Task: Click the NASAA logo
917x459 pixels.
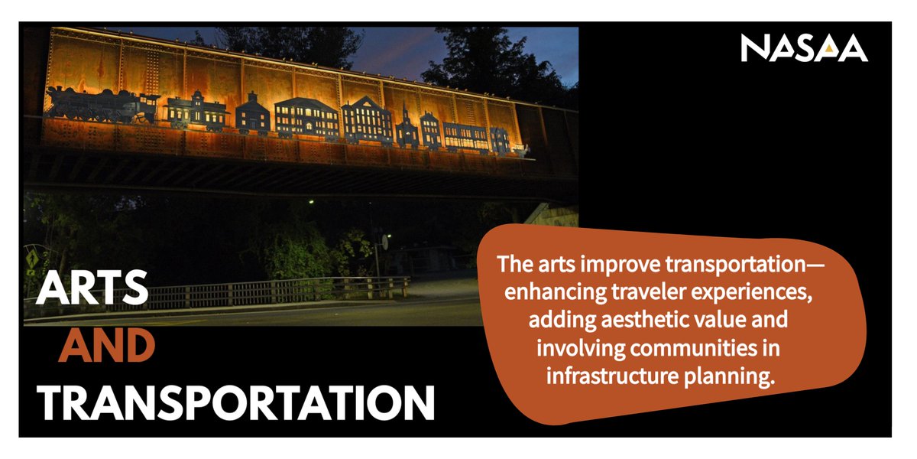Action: point(804,48)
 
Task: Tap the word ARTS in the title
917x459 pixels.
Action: point(92,288)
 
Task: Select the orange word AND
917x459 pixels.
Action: point(107,346)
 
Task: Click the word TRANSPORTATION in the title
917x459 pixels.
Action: point(235,403)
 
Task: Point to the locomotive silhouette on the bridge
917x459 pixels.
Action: point(102,105)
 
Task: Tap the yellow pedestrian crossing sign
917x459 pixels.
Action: point(31,259)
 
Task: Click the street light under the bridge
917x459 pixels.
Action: point(311,202)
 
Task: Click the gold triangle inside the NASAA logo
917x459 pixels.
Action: point(828,49)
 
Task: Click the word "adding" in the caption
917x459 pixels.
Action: point(562,321)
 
